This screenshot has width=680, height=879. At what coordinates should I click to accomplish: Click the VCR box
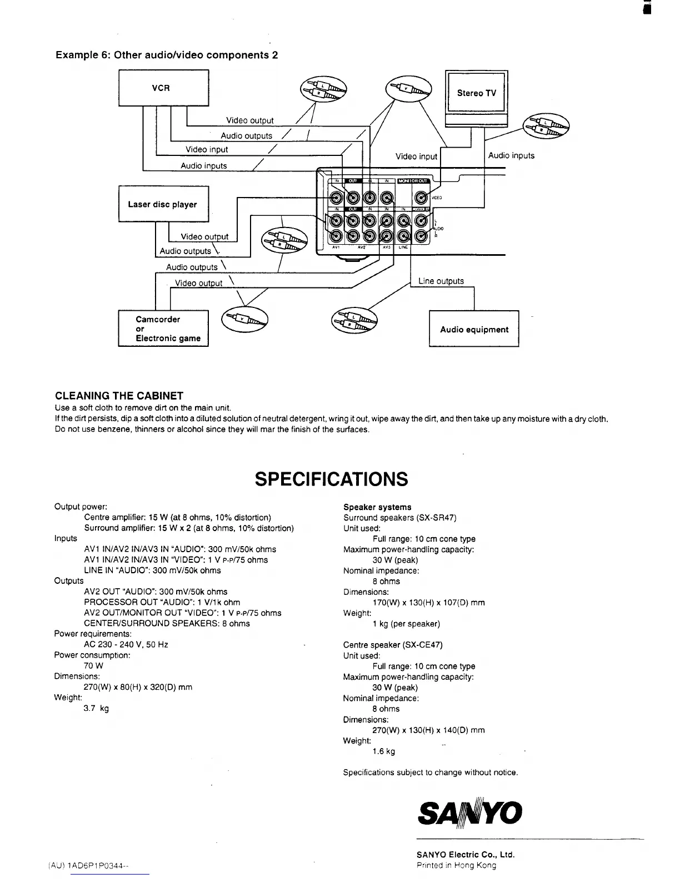click(x=163, y=88)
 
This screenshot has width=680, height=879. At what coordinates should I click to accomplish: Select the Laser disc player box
click(x=163, y=204)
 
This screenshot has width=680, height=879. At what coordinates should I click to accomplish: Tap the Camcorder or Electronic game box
click(x=163, y=329)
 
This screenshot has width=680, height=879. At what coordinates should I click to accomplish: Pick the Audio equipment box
click(x=474, y=329)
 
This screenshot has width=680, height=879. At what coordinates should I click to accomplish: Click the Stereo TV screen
click(x=476, y=93)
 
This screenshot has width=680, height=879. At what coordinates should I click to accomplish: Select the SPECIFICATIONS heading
click(x=331, y=479)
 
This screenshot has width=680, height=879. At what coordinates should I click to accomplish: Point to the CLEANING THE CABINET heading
click(x=119, y=396)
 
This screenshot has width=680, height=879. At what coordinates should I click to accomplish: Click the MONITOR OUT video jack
click(x=422, y=197)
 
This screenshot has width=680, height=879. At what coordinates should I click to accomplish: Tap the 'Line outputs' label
click(x=441, y=281)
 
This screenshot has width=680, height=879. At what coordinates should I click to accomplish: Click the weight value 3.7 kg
click(x=96, y=708)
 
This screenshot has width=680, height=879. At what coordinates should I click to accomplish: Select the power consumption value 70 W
click(x=93, y=665)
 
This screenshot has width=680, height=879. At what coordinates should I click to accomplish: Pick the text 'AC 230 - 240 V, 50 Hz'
click(x=126, y=644)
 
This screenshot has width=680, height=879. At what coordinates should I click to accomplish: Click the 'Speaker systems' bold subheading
click(x=377, y=507)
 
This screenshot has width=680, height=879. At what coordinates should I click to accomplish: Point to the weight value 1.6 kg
click(x=383, y=751)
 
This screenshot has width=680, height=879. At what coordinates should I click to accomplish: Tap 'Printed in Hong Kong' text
click(x=456, y=865)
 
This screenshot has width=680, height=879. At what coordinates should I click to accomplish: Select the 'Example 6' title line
click(x=167, y=55)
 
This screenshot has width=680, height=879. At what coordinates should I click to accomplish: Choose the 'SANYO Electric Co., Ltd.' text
click(x=466, y=855)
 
